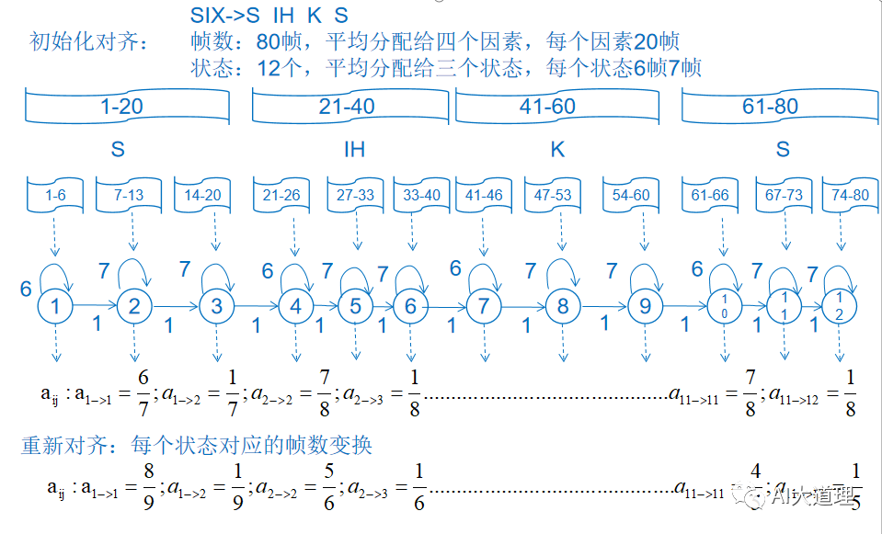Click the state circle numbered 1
point(56,305)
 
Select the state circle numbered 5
point(356,306)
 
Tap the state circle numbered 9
point(645,307)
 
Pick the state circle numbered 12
point(840,306)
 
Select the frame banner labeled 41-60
point(547,107)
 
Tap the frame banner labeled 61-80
point(770,107)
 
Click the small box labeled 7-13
point(130,195)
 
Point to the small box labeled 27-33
point(356,195)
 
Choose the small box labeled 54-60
point(631,195)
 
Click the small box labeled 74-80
point(848,195)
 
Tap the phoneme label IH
point(354,149)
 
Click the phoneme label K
point(557,149)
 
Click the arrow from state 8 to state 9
point(603,306)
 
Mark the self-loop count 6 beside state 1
point(26,289)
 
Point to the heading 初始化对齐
point(87,42)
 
